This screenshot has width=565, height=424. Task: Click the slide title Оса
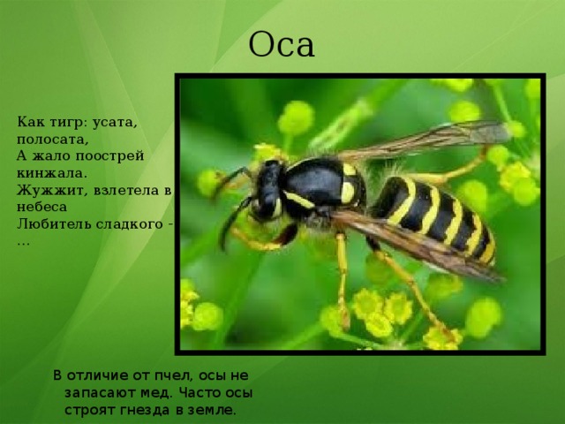point(282,45)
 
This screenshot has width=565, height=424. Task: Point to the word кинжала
point(52,173)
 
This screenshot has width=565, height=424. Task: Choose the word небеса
point(41,207)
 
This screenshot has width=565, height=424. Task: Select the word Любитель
point(54,223)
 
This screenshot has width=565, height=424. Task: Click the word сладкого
point(130,224)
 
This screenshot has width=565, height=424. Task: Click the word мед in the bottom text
point(154,392)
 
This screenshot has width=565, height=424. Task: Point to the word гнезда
point(146,410)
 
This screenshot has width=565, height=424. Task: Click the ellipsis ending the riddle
point(24,244)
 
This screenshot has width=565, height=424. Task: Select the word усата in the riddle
point(115,123)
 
